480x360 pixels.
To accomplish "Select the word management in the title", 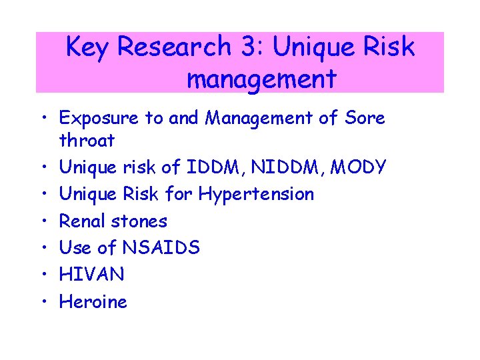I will click(x=261, y=79).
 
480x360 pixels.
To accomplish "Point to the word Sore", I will click(x=365, y=118).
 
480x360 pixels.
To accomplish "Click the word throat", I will click(x=87, y=141).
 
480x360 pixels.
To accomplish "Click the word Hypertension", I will click(x=256, y=195).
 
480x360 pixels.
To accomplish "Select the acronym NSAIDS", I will click(x=161, y=247).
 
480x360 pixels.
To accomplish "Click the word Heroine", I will click(x=93, y=301).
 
